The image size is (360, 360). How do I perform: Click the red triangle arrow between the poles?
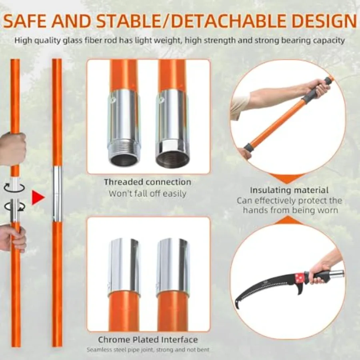[x=38, y=197]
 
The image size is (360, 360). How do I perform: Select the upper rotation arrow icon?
[x=14, y=187]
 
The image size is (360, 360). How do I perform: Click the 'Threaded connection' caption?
[x=148, y=182]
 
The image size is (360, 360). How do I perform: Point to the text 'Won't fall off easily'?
[x=147, y=193]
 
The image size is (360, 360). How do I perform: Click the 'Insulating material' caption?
[x=289, y=190]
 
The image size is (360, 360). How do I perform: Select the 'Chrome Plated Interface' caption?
[x=148, y=339]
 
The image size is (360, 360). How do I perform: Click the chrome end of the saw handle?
[x=337, y=274]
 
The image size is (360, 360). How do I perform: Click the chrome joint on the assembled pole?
[x=57, y=194]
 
